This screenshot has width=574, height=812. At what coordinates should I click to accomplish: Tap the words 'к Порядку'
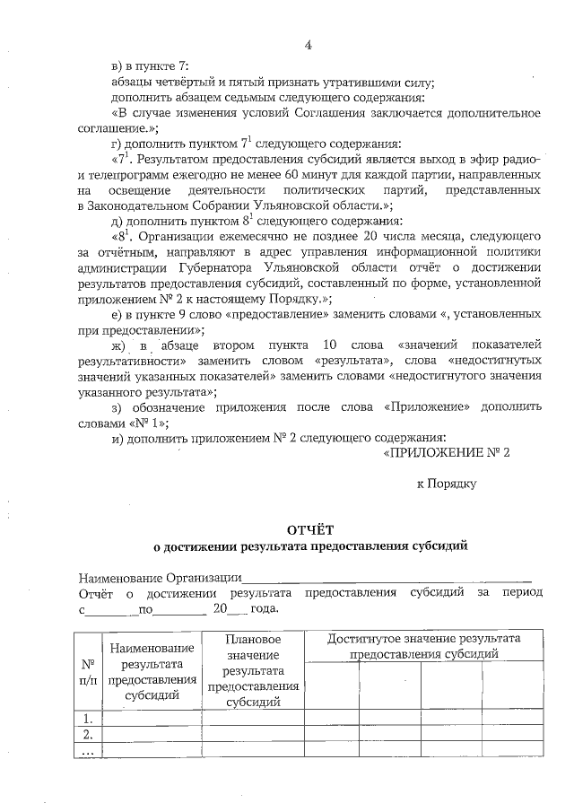446,484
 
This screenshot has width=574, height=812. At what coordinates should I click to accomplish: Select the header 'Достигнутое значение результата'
424,646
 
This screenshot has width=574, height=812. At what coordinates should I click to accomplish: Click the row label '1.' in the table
88,718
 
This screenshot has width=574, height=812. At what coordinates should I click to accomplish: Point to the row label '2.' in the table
88,734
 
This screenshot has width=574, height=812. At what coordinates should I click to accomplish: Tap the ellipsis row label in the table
88,751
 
